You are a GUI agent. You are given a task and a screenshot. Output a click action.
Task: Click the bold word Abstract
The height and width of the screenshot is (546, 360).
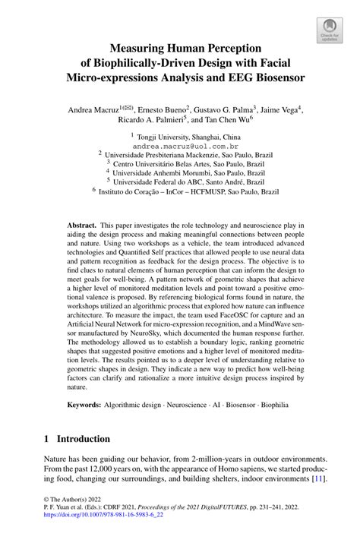81,226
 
